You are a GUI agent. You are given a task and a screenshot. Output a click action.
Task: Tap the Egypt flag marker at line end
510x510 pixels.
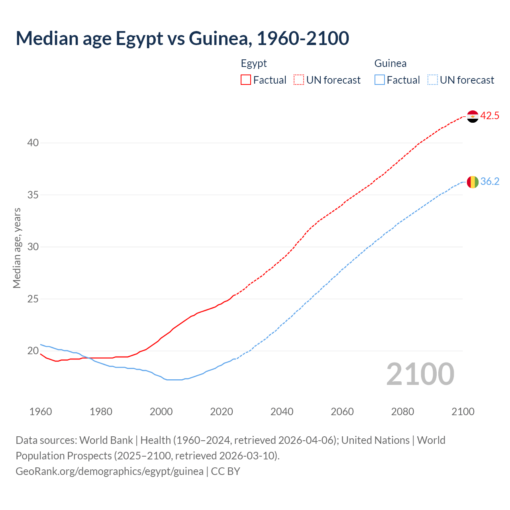473,116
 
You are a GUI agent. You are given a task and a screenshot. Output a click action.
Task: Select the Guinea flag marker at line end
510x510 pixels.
473,182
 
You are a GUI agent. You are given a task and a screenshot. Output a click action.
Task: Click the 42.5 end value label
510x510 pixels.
490,116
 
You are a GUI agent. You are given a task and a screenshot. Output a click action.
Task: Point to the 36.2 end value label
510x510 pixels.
490,182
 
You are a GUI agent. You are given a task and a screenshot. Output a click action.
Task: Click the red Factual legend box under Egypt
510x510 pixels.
246,80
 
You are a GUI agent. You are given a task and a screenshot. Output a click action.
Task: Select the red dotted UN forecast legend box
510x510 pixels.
299,80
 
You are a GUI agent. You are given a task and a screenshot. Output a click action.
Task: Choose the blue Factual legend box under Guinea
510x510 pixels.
380,80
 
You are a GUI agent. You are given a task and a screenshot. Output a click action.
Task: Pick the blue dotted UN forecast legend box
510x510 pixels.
432,80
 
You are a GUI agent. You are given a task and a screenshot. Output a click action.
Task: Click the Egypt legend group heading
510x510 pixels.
254,63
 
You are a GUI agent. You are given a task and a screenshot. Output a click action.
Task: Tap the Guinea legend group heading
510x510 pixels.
390,63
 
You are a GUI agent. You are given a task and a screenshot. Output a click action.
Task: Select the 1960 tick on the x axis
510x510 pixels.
41,412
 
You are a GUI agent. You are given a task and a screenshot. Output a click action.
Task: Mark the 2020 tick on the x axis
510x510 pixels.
222,412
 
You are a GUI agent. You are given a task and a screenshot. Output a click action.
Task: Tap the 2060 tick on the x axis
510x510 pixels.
342,412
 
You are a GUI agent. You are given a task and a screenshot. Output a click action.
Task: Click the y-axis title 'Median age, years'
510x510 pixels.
17,248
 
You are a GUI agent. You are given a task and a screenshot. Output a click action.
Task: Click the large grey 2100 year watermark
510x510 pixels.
420,374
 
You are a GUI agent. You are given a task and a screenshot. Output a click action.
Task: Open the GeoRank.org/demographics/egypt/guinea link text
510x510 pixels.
110,471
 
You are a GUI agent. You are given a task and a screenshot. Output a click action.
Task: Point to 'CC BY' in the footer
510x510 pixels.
226,471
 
